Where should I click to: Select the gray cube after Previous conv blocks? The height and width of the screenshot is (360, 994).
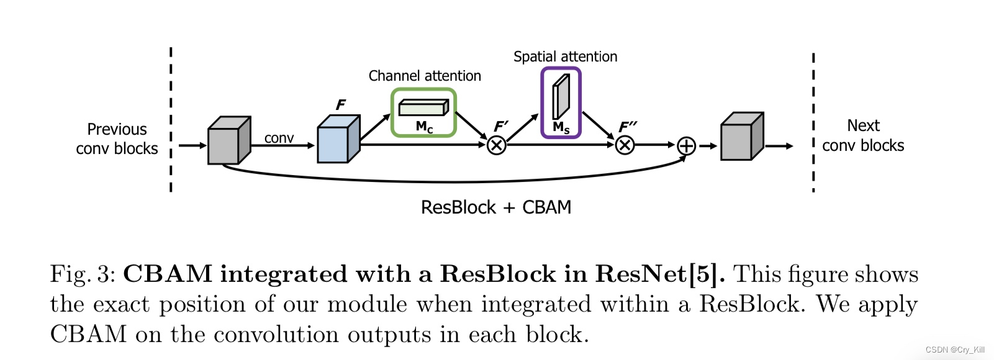[228, 142]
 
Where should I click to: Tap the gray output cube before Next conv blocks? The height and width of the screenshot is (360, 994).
[741, 137]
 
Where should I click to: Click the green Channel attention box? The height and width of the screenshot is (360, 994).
[423, 112]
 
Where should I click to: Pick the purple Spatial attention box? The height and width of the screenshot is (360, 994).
[561, 102]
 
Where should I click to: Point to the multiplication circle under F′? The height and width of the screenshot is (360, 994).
[496, 146]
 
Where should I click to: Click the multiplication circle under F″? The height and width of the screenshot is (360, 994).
[625, 146]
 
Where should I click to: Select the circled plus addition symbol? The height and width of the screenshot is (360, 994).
[686, 146]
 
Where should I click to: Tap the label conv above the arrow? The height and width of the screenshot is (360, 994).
[279, 138]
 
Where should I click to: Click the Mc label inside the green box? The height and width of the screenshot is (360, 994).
[424, 127]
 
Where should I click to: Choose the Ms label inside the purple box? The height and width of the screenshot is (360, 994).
[561, 128]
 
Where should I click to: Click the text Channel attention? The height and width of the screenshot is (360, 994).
[425, 76]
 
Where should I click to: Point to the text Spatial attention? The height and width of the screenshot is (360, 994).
[565, 56]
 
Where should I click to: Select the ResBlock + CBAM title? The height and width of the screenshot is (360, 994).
[495, 207]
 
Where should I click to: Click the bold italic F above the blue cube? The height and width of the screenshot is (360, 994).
[340, 105]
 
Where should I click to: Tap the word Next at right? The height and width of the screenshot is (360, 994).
[863, 126]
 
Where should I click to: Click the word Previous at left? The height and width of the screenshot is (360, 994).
[117, 130]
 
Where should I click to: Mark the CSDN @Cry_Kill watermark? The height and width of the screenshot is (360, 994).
[954, 350]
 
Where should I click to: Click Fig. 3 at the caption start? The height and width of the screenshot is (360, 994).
[82, 274]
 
